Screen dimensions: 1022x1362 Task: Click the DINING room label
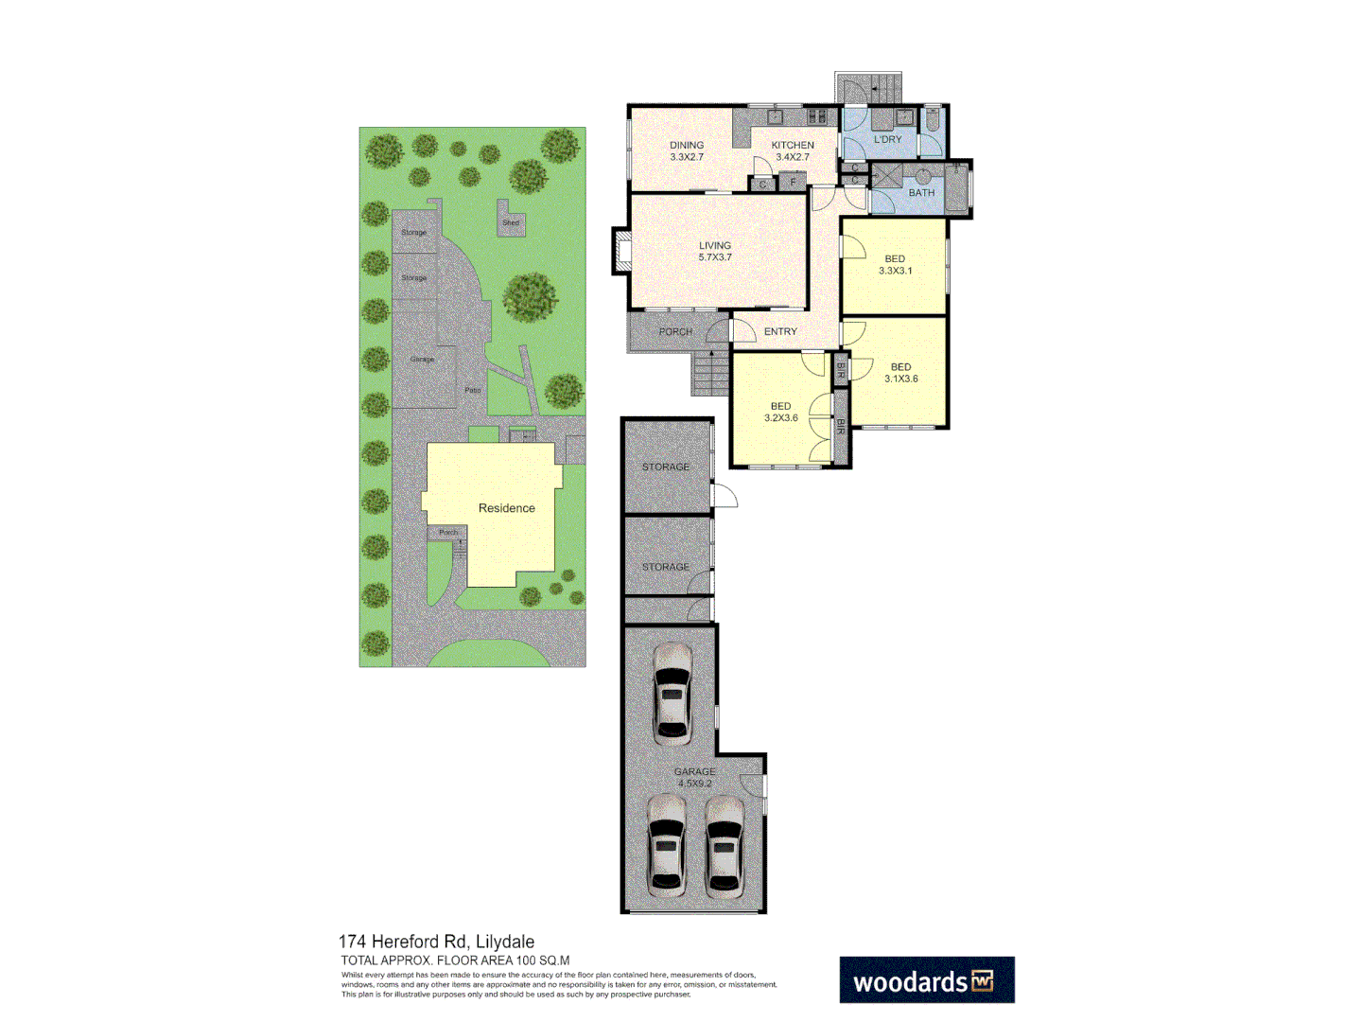pyautogui.click(x=687, y=145)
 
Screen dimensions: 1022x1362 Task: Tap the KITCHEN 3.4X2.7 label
pyautogui.click(x=793, y=151)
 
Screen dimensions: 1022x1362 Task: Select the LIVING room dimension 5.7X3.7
pyautogui.click(x=715, y=257)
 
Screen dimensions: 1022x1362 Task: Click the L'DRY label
pyautogui.click(x=887, y=139)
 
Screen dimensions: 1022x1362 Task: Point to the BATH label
pyautogui.click(x=921, y=192)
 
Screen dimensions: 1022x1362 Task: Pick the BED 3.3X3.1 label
pyautogui.click(x=895, y=265)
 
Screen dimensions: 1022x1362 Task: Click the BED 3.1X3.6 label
pyautogui.click(x=900, y=373)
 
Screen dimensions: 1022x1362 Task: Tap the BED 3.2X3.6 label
pyautogui.click(x=780, y=412)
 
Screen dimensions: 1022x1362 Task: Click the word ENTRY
pyautogui.click(x=780, y=331)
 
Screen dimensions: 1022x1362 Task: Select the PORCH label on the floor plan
pyautogui.click(x=675, y=332)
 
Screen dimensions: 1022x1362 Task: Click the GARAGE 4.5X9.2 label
pyautogui.click(x=695, y=777)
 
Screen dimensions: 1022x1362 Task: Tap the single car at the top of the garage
pyautogui.click(x=672, y=691)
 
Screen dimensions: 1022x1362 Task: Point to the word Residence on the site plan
pyautogui.click(x=506, y=508)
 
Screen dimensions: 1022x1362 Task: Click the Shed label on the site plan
pyautogui.click(x=511, y=223)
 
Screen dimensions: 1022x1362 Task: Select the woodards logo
pyautogui.click(x=926, y=980)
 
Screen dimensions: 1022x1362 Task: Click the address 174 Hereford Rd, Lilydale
pyautogui.click(x=436, y=942)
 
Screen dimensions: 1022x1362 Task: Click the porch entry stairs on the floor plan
pyautogui.click(x=710, y=373)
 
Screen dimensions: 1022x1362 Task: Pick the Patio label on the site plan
pyautogui.click(x=472, y=390)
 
